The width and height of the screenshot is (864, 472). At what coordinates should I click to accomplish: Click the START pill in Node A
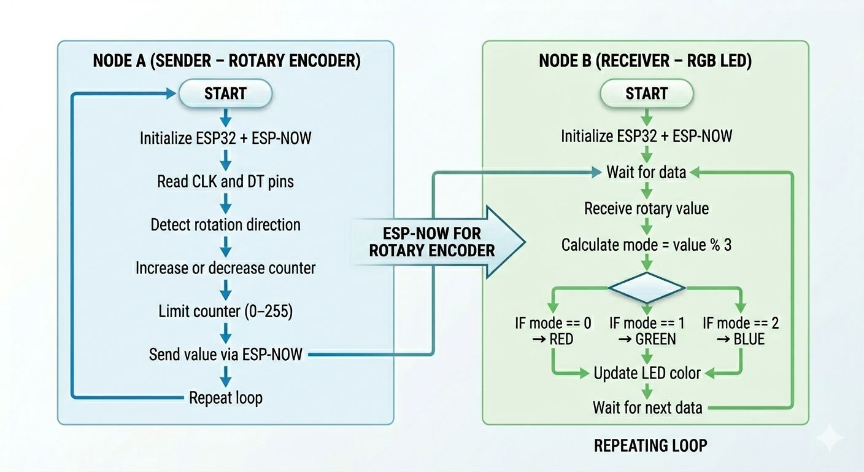click(x=225, y=93)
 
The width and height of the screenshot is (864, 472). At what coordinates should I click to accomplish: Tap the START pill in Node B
click(x=646, y=93)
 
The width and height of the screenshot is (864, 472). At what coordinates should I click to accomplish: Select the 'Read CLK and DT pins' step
click(x=225, y=181)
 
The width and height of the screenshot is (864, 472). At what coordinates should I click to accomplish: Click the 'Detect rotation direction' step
click(x=225, y=224)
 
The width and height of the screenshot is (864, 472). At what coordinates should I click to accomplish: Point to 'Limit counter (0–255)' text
click(x=225, y=312)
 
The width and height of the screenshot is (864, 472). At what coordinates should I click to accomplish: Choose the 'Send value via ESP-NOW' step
click(x=225, y=354)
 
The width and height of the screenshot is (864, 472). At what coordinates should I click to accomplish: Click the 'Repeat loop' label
click(x=225, y=398)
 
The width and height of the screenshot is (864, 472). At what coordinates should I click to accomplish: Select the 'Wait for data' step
click(x=646, y=172)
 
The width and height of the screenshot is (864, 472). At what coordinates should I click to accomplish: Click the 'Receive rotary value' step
click(x=646, y=208)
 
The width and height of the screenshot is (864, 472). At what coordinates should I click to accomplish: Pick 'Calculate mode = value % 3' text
click(x=646, y=245)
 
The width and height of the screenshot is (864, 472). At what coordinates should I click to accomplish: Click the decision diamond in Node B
click(x=646, y=288)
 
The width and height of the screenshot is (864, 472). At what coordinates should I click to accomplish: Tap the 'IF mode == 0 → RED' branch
click(x=553, y=331)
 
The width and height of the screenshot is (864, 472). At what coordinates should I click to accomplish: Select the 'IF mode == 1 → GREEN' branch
click(x=646, y=331)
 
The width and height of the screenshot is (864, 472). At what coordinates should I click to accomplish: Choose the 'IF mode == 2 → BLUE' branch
click(x=741, y=331)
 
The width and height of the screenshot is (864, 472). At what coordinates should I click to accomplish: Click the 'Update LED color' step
click(x=646, y=372)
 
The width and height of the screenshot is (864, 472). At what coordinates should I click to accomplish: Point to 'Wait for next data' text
click(x=646, y=407)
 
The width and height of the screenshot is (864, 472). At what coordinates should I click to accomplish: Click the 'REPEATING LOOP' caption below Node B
click(x=650, y=446)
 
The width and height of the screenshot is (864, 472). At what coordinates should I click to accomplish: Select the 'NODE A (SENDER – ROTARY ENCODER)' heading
click(x=226, y=61)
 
